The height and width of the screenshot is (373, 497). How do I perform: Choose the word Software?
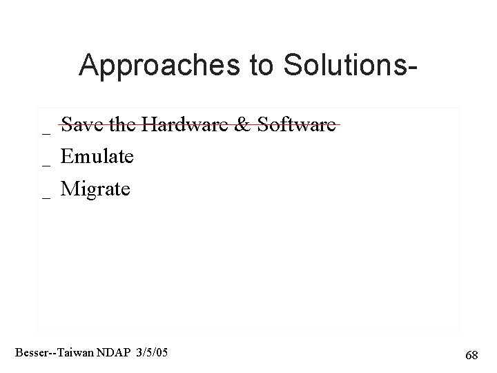[295, 124]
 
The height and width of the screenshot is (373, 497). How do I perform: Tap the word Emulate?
[97, 157]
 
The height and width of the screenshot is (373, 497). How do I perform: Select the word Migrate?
[95, 189]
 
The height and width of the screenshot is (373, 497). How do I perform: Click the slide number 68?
[472, 355]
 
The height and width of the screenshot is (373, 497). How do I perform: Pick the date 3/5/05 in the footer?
[152, 353]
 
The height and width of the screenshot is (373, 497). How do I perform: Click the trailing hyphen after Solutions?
[413, 68]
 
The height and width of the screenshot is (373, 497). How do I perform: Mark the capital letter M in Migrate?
[69, 189]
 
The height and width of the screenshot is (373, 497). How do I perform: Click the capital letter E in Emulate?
[67, 157]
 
